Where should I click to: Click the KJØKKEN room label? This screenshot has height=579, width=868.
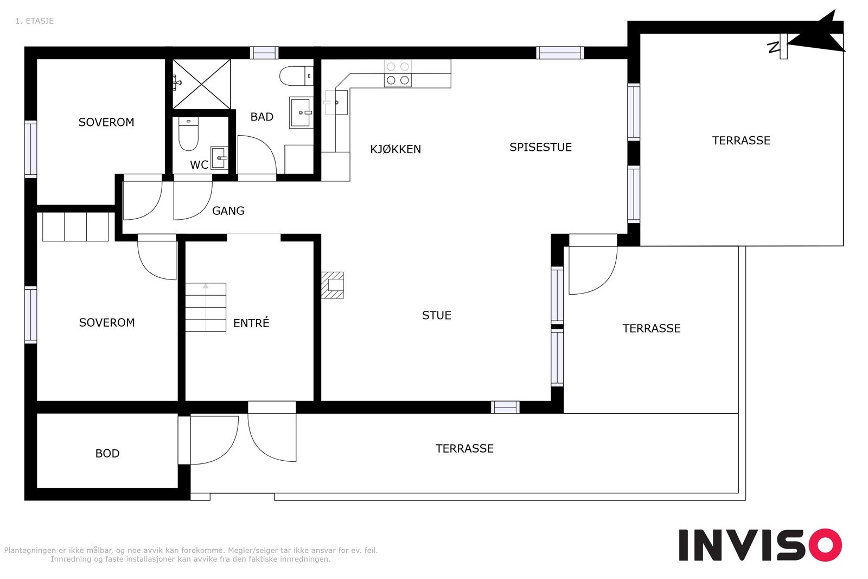click(395, 149)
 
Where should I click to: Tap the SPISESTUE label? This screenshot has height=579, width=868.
click(540, 147)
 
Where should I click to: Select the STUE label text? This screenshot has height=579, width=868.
click(436, 315)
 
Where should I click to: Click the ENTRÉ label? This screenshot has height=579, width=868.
click(251, 323)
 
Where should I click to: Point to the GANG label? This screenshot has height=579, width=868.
click(228, 211)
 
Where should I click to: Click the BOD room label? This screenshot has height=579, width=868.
click(107, 454)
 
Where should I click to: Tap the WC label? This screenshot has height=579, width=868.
click(199, 165)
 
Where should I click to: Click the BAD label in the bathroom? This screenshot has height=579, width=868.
click(261, 117)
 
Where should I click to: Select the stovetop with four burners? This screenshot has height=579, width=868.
click(398, 73)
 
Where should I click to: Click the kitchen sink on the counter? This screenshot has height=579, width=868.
click(336, 103)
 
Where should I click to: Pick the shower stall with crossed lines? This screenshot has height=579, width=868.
click(201, 84)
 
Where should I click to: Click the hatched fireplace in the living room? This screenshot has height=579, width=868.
click(333, 285)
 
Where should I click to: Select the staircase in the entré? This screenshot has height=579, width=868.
click(206, 307)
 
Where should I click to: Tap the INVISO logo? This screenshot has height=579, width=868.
click(759, 545)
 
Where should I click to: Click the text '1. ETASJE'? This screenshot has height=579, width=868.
click(34, 21)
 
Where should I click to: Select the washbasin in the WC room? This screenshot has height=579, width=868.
click(219, 158)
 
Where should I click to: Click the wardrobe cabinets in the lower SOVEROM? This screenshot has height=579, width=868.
click(75, 226)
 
